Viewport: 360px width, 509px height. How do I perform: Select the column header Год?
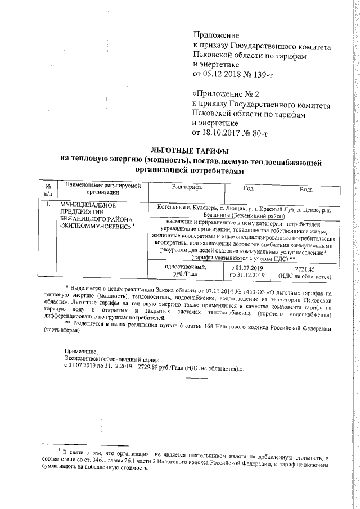[x=248, y=188]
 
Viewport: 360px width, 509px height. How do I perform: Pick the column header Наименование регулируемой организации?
[x=102, y=188]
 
